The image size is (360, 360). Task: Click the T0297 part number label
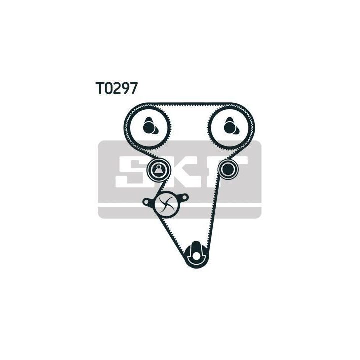(116, 88)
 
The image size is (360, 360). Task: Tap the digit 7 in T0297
(132, 88)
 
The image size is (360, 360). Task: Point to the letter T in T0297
(100, 88)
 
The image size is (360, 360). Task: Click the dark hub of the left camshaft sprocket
(148, 127)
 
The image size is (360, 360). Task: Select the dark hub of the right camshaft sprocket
(229, 127)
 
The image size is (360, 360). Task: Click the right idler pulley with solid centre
(228, 169)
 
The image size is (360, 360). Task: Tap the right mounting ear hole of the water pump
(185, 197)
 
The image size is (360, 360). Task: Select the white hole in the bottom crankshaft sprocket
(196, 256)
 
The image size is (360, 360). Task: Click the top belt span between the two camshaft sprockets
(189, 104)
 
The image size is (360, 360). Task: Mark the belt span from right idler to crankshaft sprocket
(213, 213)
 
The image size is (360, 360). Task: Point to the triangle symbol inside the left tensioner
(158, 170)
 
